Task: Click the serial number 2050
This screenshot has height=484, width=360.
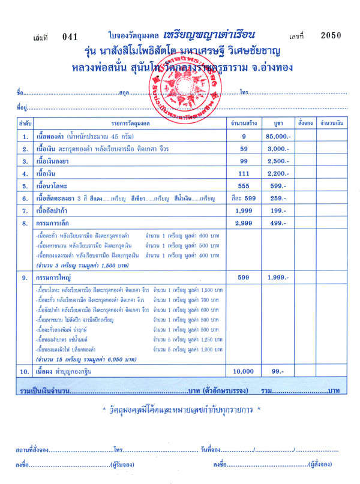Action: tap(332, 35)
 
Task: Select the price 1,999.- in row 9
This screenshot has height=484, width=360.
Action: tap(274, 278)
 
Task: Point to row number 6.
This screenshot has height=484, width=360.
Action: tap(25, 199)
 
